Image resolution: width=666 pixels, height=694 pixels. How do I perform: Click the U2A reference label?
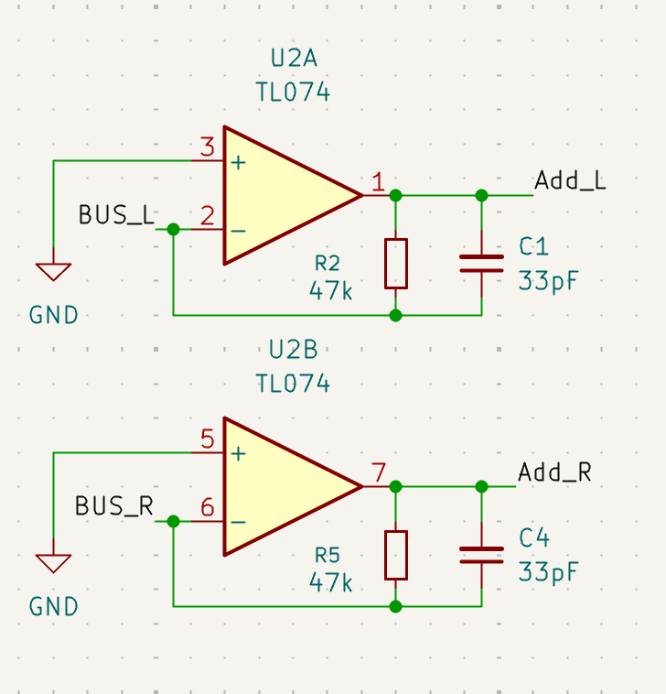294,59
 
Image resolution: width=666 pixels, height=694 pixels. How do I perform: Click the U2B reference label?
294,350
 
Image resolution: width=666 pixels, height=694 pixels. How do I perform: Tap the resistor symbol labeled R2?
396,264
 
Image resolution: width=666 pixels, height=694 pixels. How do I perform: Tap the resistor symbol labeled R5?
396,555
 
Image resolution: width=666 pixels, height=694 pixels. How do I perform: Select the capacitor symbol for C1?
481,264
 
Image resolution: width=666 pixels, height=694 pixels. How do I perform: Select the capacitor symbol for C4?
481,555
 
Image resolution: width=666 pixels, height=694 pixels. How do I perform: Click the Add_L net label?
570,180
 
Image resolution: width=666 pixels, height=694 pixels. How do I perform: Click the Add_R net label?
554,472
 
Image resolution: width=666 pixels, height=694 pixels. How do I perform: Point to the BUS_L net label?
116,215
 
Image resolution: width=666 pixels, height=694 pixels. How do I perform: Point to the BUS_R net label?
114,506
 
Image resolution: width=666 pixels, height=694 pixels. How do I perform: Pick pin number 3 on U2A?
208,146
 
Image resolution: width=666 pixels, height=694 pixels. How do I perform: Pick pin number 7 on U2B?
379,472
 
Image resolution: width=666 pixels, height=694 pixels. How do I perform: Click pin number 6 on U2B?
208,507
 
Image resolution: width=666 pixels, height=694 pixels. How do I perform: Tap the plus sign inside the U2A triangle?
239,163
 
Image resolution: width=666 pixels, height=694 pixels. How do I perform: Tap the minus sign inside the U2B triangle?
239,523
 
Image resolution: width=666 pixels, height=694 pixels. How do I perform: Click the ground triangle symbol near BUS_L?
53,272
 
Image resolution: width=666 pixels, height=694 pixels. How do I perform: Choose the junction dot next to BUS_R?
173,521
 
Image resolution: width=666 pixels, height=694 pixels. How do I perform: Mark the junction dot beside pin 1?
395,195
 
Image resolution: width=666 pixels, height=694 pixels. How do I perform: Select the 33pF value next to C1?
548,280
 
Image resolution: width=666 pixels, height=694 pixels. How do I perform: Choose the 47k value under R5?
331,582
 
